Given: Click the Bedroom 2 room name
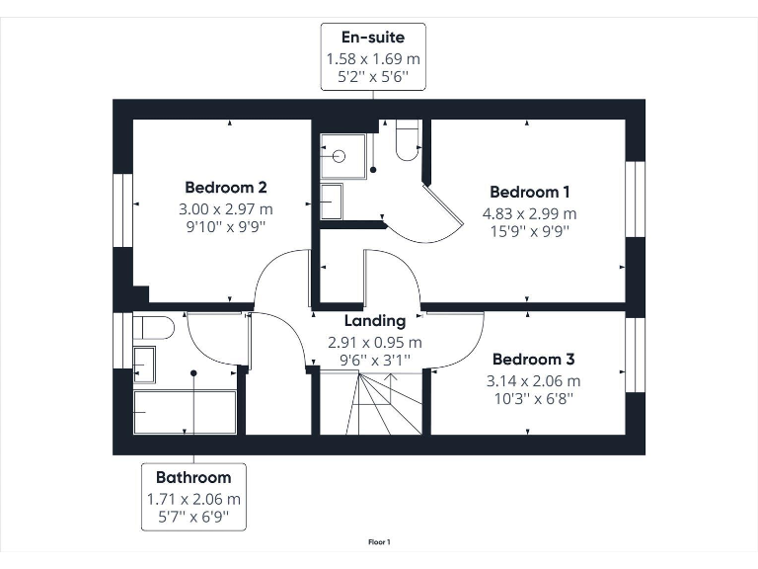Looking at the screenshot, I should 226,187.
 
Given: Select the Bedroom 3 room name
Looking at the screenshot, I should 533,360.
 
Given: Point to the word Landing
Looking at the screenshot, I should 374,321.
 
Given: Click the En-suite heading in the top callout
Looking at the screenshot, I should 373,39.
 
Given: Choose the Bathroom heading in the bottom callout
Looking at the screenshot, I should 192,478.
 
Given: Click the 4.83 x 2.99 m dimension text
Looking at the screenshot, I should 529,213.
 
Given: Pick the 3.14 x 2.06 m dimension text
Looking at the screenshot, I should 533,381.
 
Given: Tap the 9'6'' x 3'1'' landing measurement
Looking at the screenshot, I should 374,363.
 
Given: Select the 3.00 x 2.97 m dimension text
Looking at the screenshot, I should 226,208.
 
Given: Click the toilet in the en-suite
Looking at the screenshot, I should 407,140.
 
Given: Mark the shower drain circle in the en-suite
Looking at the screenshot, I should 339,156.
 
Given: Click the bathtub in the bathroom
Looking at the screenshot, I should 185,412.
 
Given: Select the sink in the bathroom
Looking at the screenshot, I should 144,365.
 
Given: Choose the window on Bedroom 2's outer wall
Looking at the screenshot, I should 123,209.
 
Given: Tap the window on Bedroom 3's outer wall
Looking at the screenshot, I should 635,354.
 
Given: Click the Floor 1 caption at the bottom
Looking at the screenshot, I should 379,541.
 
